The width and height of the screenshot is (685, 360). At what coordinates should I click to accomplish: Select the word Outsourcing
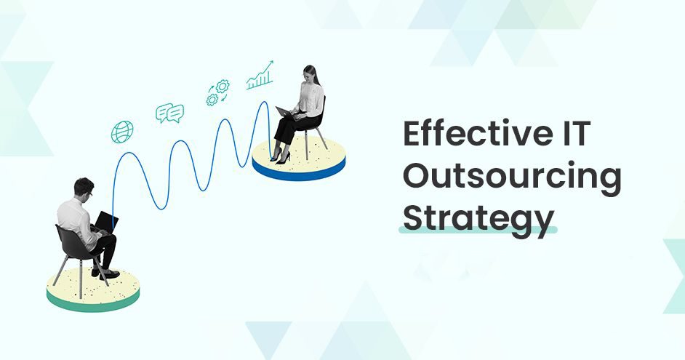[x=512, y=178]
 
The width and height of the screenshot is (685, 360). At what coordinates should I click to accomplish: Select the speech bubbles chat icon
[x=169, y=113]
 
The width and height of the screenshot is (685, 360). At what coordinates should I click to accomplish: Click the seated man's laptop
[x=107, y=221]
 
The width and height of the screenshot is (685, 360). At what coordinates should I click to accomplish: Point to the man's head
[x=84, y=188]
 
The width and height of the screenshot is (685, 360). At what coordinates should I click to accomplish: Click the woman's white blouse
[x=312, y=101]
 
